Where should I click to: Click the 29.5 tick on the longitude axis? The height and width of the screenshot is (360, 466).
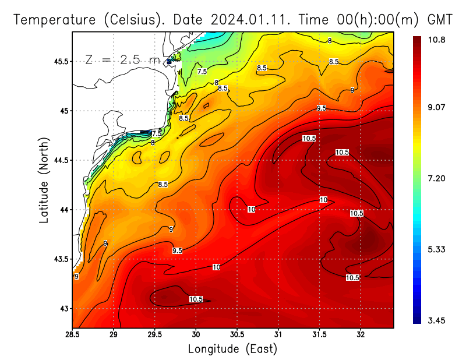tap(155, 334)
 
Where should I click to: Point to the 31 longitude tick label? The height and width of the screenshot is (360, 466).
tap(278, 334)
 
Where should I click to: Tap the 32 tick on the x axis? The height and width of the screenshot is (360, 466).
tap(361, 334)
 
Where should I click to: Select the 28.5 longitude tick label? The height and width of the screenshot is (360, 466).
tap(73, 334)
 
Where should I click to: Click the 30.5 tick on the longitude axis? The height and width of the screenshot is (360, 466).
tap(237, 334)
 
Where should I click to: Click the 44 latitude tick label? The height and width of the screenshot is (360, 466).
tap(64, 210)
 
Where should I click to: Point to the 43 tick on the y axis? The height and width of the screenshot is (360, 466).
tap(64, 308)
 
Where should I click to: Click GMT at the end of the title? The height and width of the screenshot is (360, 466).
tap(440, 19)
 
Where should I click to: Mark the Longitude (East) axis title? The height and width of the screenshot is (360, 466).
tap(232, 349)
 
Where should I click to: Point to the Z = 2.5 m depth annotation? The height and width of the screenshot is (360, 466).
tap(122, 59)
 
